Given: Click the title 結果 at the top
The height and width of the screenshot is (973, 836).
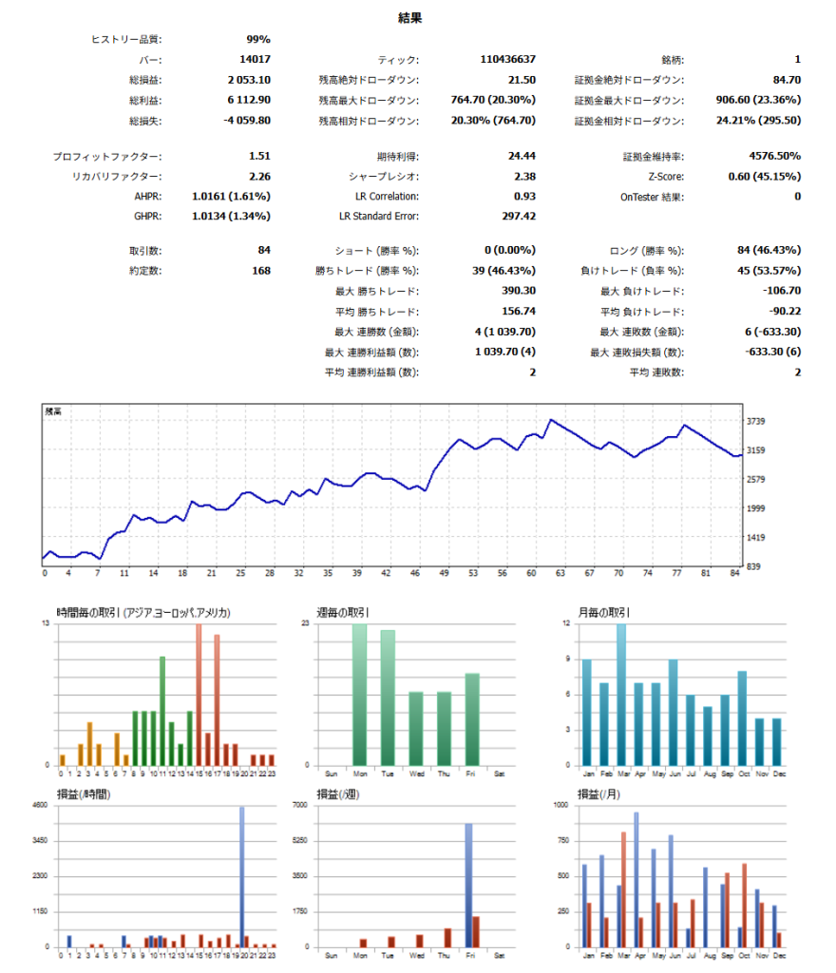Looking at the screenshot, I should click(x=410, y=17).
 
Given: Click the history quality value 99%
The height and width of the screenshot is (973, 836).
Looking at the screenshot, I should click(x=257, y=39).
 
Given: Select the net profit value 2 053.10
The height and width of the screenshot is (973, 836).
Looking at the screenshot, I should click(x=249, y=80).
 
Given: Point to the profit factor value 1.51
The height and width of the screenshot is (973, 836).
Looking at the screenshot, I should click(x=259, y=156).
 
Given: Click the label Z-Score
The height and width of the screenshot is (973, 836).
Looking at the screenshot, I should click(x=664, y=176).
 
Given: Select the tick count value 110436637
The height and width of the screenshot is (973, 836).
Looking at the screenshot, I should click(x=508, y=60).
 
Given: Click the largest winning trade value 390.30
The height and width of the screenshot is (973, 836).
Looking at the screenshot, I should click(x=518, y=291).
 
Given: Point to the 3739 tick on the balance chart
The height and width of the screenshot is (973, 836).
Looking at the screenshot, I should click(x=757, y=421).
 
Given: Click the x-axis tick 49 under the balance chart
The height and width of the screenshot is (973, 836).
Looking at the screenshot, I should click(x=444, y=573).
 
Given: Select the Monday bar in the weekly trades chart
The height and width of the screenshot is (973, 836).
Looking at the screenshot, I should click(x=359, y=695).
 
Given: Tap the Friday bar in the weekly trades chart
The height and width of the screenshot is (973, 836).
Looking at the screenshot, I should click(x=472, y=719).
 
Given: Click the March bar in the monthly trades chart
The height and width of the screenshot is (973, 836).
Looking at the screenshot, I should click(x=621, y=695).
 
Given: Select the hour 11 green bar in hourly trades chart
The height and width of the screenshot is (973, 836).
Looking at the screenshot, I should click(x=162, y=711).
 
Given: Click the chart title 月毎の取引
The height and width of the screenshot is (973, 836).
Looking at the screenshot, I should click(x=597, y=613).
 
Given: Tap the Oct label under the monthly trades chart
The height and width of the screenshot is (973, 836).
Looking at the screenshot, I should click(x=742, y=773).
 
